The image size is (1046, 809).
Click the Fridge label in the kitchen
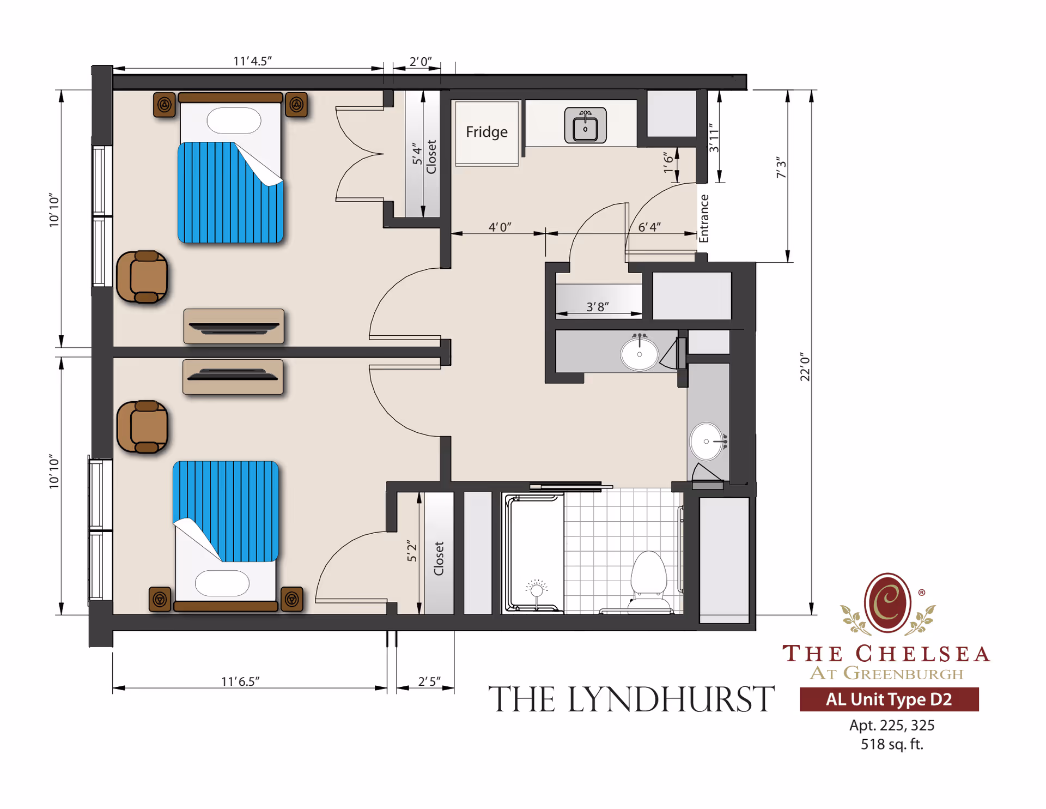point(486,132)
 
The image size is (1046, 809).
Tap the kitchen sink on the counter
point(585,126)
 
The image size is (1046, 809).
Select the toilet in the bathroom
point(648,578)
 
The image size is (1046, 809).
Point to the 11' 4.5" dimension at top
point(252,61)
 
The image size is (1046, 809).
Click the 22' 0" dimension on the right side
point(805,366)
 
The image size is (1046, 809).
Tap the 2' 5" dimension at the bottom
point(429,681)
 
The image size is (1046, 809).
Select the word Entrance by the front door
point(704,218)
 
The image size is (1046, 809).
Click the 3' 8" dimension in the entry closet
point(598,307)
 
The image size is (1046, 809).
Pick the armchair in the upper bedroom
point(142,277)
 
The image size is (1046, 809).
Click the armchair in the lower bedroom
point(142,427)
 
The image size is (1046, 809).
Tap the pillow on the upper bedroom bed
point(234,120)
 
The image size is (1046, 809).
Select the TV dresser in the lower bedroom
point(233,377)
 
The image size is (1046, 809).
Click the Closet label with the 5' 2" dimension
point(439,558)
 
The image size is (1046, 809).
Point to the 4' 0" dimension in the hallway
point(500,227)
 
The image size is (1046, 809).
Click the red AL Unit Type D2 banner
point(889,699)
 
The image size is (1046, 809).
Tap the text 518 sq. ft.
point(892,744)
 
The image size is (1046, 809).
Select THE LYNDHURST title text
point(631,699)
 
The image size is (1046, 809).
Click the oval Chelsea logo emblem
point(887,603)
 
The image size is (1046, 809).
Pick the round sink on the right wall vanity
point(707,442)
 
